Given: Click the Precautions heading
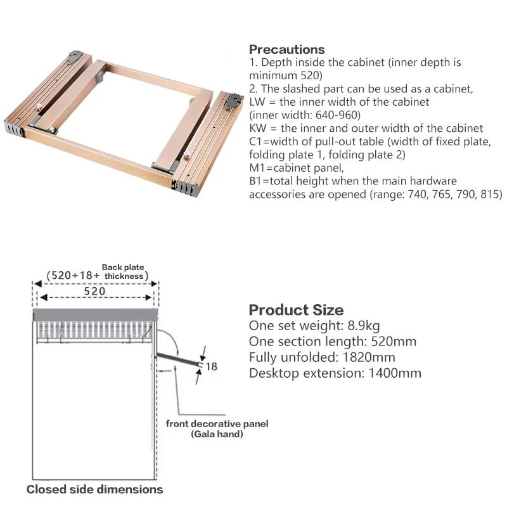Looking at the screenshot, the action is [287, 49].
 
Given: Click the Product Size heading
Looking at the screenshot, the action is [296, 310].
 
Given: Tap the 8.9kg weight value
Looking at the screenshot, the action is [364, 326].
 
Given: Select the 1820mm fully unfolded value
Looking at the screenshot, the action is [369, 357].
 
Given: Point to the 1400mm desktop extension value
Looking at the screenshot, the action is [395, 373].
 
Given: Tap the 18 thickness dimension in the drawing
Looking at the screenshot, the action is [211, 366].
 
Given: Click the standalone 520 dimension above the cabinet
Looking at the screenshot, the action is [94, 292].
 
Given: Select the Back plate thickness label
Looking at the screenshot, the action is [123, 272].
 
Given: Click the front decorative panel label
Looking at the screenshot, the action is [217, 423].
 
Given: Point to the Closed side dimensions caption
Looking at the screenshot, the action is [94, 489].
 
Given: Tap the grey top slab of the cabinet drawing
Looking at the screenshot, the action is [96, 314].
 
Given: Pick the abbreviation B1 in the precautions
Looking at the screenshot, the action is [255, 181].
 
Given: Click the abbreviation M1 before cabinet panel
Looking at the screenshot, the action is [256, 168].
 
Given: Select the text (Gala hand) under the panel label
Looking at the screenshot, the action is [217, 434].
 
